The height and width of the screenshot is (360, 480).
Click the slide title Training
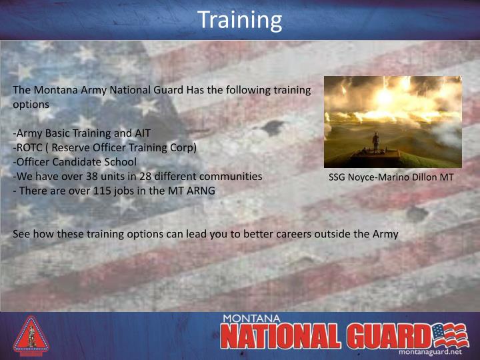239,19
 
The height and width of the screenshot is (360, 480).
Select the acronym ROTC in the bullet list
29,147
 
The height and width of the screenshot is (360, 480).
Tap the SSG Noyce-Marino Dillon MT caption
391,178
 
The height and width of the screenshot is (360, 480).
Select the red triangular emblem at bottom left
31,335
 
